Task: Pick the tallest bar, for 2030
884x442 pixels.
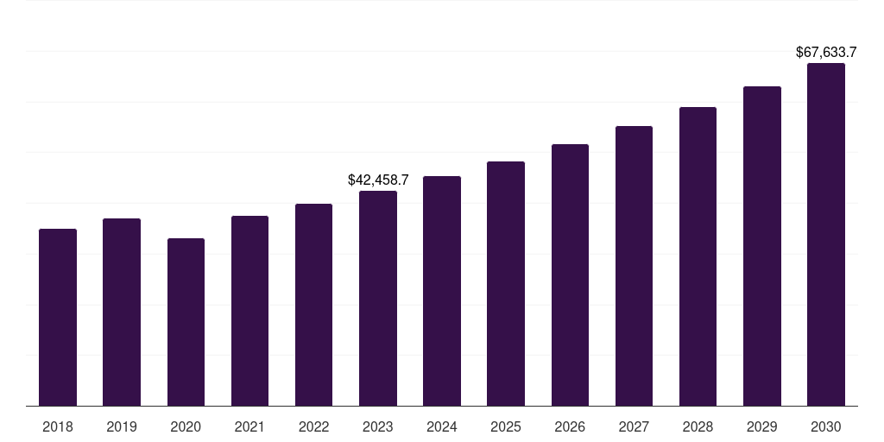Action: (826, 234)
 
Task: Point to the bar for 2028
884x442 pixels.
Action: (698, 256)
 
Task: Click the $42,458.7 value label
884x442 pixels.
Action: (378, 180)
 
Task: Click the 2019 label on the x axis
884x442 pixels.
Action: (122, 426)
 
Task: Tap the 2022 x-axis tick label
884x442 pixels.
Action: (313, 426)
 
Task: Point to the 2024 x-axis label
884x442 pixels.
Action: (442, 426)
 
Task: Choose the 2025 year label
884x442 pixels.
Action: (506, 426)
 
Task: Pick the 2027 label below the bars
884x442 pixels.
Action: (634, 426)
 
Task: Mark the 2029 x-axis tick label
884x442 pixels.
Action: (762, 426)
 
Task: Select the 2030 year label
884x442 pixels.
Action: (826, 426)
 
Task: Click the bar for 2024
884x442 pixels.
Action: (442, 291)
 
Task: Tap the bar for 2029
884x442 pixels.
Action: (762, 246)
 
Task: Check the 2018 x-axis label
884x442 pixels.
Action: (58, 426)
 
